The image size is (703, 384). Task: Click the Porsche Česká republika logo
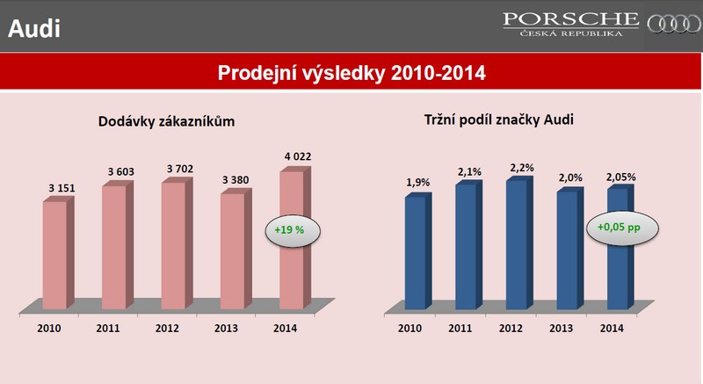pyautogui.click(x=570, y=25)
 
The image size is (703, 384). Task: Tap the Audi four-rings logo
pyautogui.click(x=674, y=25)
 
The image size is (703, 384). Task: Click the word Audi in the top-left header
pyautogui.click(x=34, y=28)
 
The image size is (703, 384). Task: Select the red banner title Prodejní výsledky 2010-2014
pyautogui.click(x=351, y=73)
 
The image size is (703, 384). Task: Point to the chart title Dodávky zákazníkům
pyautogui.click(x=166, y=121)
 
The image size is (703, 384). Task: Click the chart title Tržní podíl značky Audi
pyautogui.click(x=499, y=120)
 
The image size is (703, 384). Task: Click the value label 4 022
pyautogui.click(x=298, y=156)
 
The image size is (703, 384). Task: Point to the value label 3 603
pyautogui.click(x=121, y=171)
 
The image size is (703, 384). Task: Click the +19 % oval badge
pyautogui.click(x=293, y=231)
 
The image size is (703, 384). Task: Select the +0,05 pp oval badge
pyautogui.click(x=622, y=228)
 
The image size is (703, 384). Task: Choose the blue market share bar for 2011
pyautogui.click(x=469, y=244)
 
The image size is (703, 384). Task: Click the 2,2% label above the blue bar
pyautogui.click(x=522, y=168)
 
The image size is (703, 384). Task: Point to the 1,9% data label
pyautogui.click(x=418, y=183)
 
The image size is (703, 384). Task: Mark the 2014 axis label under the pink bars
pyautogui.click(x=285, y=329)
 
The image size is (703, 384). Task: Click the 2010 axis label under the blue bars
pyautogui.click(x=409, y=329)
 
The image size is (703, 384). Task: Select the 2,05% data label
pyautogui.click(x=621, y=177)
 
